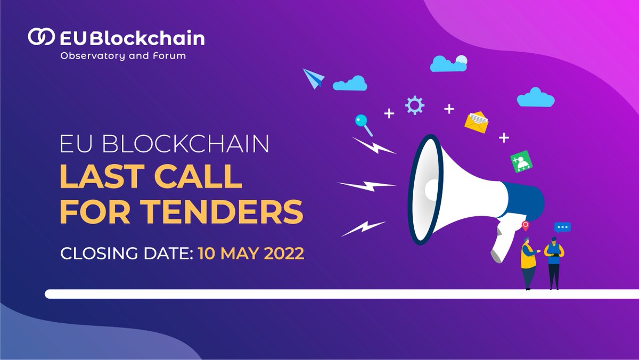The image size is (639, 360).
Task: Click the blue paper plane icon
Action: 313,78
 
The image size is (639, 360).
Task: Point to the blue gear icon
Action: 414,105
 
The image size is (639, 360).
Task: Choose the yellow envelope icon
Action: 476,122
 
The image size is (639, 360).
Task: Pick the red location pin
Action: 526,226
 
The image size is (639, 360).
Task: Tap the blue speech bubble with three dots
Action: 562,227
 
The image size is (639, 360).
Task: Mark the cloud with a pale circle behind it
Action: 448,63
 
